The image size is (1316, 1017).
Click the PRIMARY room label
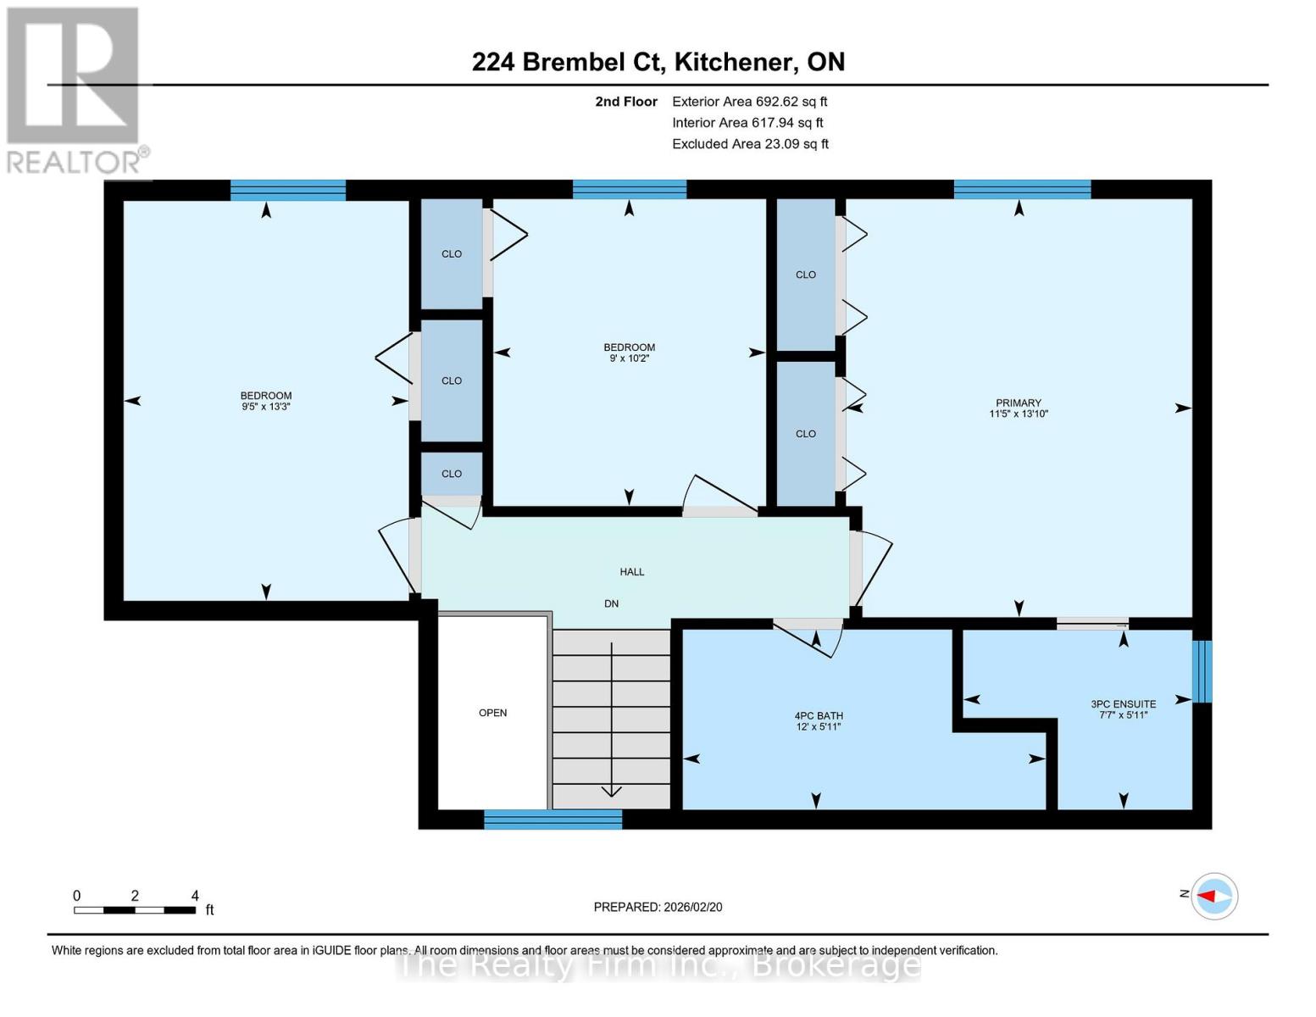pyautogui.click(x=1018, y=403)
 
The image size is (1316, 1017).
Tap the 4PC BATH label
pyautogui.click(x=818, y=716)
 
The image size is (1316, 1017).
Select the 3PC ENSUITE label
pyautogui.click(x=1123, y=703)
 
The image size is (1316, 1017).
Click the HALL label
pyautogui.click(x=631, y=572)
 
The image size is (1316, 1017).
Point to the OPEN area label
pyautogui.click(x=492, y=713)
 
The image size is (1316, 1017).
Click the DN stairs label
pyautogui.click(x=611, y=603)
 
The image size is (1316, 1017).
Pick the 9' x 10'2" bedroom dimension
pyautogui.click(x=629, y=358)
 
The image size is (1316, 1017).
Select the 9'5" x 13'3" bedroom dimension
pyautogui.click(x=266, y=407)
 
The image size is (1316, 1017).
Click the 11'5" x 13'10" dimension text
pyautogui.click(x=1018, y=414)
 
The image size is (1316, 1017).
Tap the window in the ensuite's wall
pyautogui.click(x=1202, y=671)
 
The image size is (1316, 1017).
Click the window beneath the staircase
pyautogui.click(x=552, y=819)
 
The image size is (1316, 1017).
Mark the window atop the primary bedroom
pyautogui.click(x=1022, y=189)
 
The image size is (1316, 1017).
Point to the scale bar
pyautogui.click(x=135, y=910)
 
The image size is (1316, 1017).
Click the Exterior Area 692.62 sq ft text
pyautogui.click(x=749, y=102)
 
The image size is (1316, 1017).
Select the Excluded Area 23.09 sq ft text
pyautogui.click(x=750, y=144)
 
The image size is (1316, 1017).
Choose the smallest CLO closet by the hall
pyautogui.click(x=452, y=474)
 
